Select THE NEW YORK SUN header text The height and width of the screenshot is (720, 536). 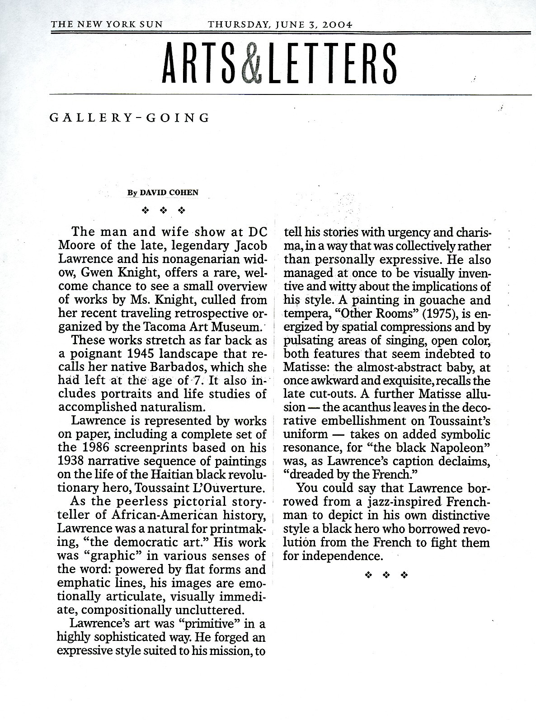(x=107, y=24)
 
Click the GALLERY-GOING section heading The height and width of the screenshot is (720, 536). (x=129, y=118)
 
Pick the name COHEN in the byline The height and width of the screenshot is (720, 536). (x=183, y=193)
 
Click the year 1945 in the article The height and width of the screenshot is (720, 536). (x=134, y=353)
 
